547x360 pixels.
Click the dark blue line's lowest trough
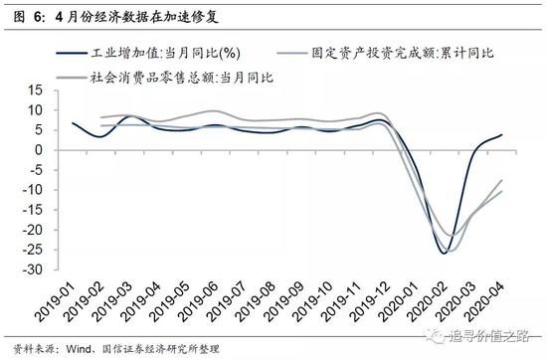point(445,254)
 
